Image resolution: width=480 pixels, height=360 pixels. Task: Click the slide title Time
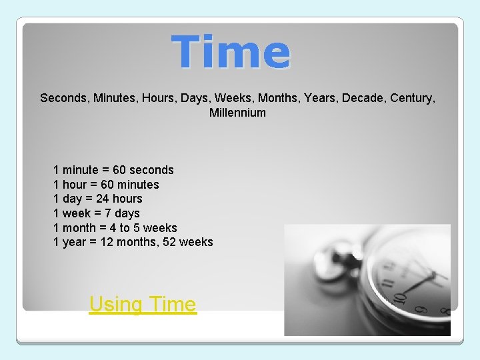coord(231,53)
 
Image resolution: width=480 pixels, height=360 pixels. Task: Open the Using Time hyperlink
coord(143,305)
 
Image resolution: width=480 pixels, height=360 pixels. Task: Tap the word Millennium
coord(237,113)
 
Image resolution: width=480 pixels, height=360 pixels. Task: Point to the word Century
coord(413,98)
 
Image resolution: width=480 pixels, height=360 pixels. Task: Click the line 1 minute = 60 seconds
coord(113,170)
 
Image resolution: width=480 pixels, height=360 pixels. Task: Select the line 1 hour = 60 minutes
coord(106,185)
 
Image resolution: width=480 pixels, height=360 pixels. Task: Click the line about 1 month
coord(115,228)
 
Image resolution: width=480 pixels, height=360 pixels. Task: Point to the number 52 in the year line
coord(169,242)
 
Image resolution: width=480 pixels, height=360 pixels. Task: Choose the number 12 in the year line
coord(107,242)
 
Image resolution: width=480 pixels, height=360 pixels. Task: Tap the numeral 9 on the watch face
coord(421,309)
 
